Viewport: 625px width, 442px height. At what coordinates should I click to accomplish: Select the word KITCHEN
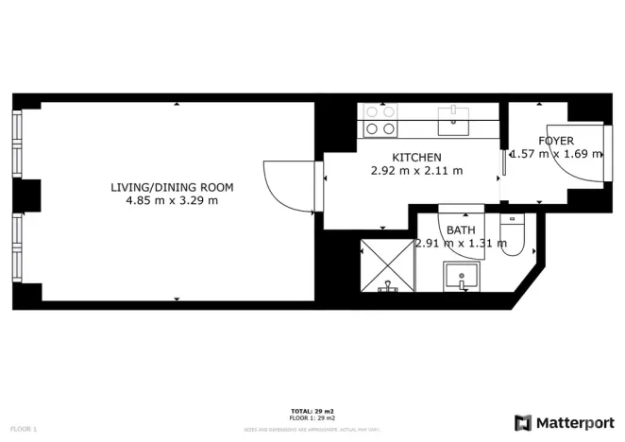point(416,157)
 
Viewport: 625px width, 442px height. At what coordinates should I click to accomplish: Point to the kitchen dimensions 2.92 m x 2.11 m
point(416,171)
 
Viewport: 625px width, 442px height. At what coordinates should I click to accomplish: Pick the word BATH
point(461,229)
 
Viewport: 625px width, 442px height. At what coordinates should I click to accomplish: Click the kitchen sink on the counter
point(454,116)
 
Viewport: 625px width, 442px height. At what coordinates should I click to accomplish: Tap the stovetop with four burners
point(380,121)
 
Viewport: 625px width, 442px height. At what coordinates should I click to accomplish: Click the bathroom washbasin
point(462,278)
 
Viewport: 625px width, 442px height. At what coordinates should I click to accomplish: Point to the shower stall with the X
point(387,265)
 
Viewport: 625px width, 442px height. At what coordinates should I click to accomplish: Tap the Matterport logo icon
point(522,422)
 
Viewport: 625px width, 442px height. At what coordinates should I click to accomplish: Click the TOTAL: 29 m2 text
point(312,412)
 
